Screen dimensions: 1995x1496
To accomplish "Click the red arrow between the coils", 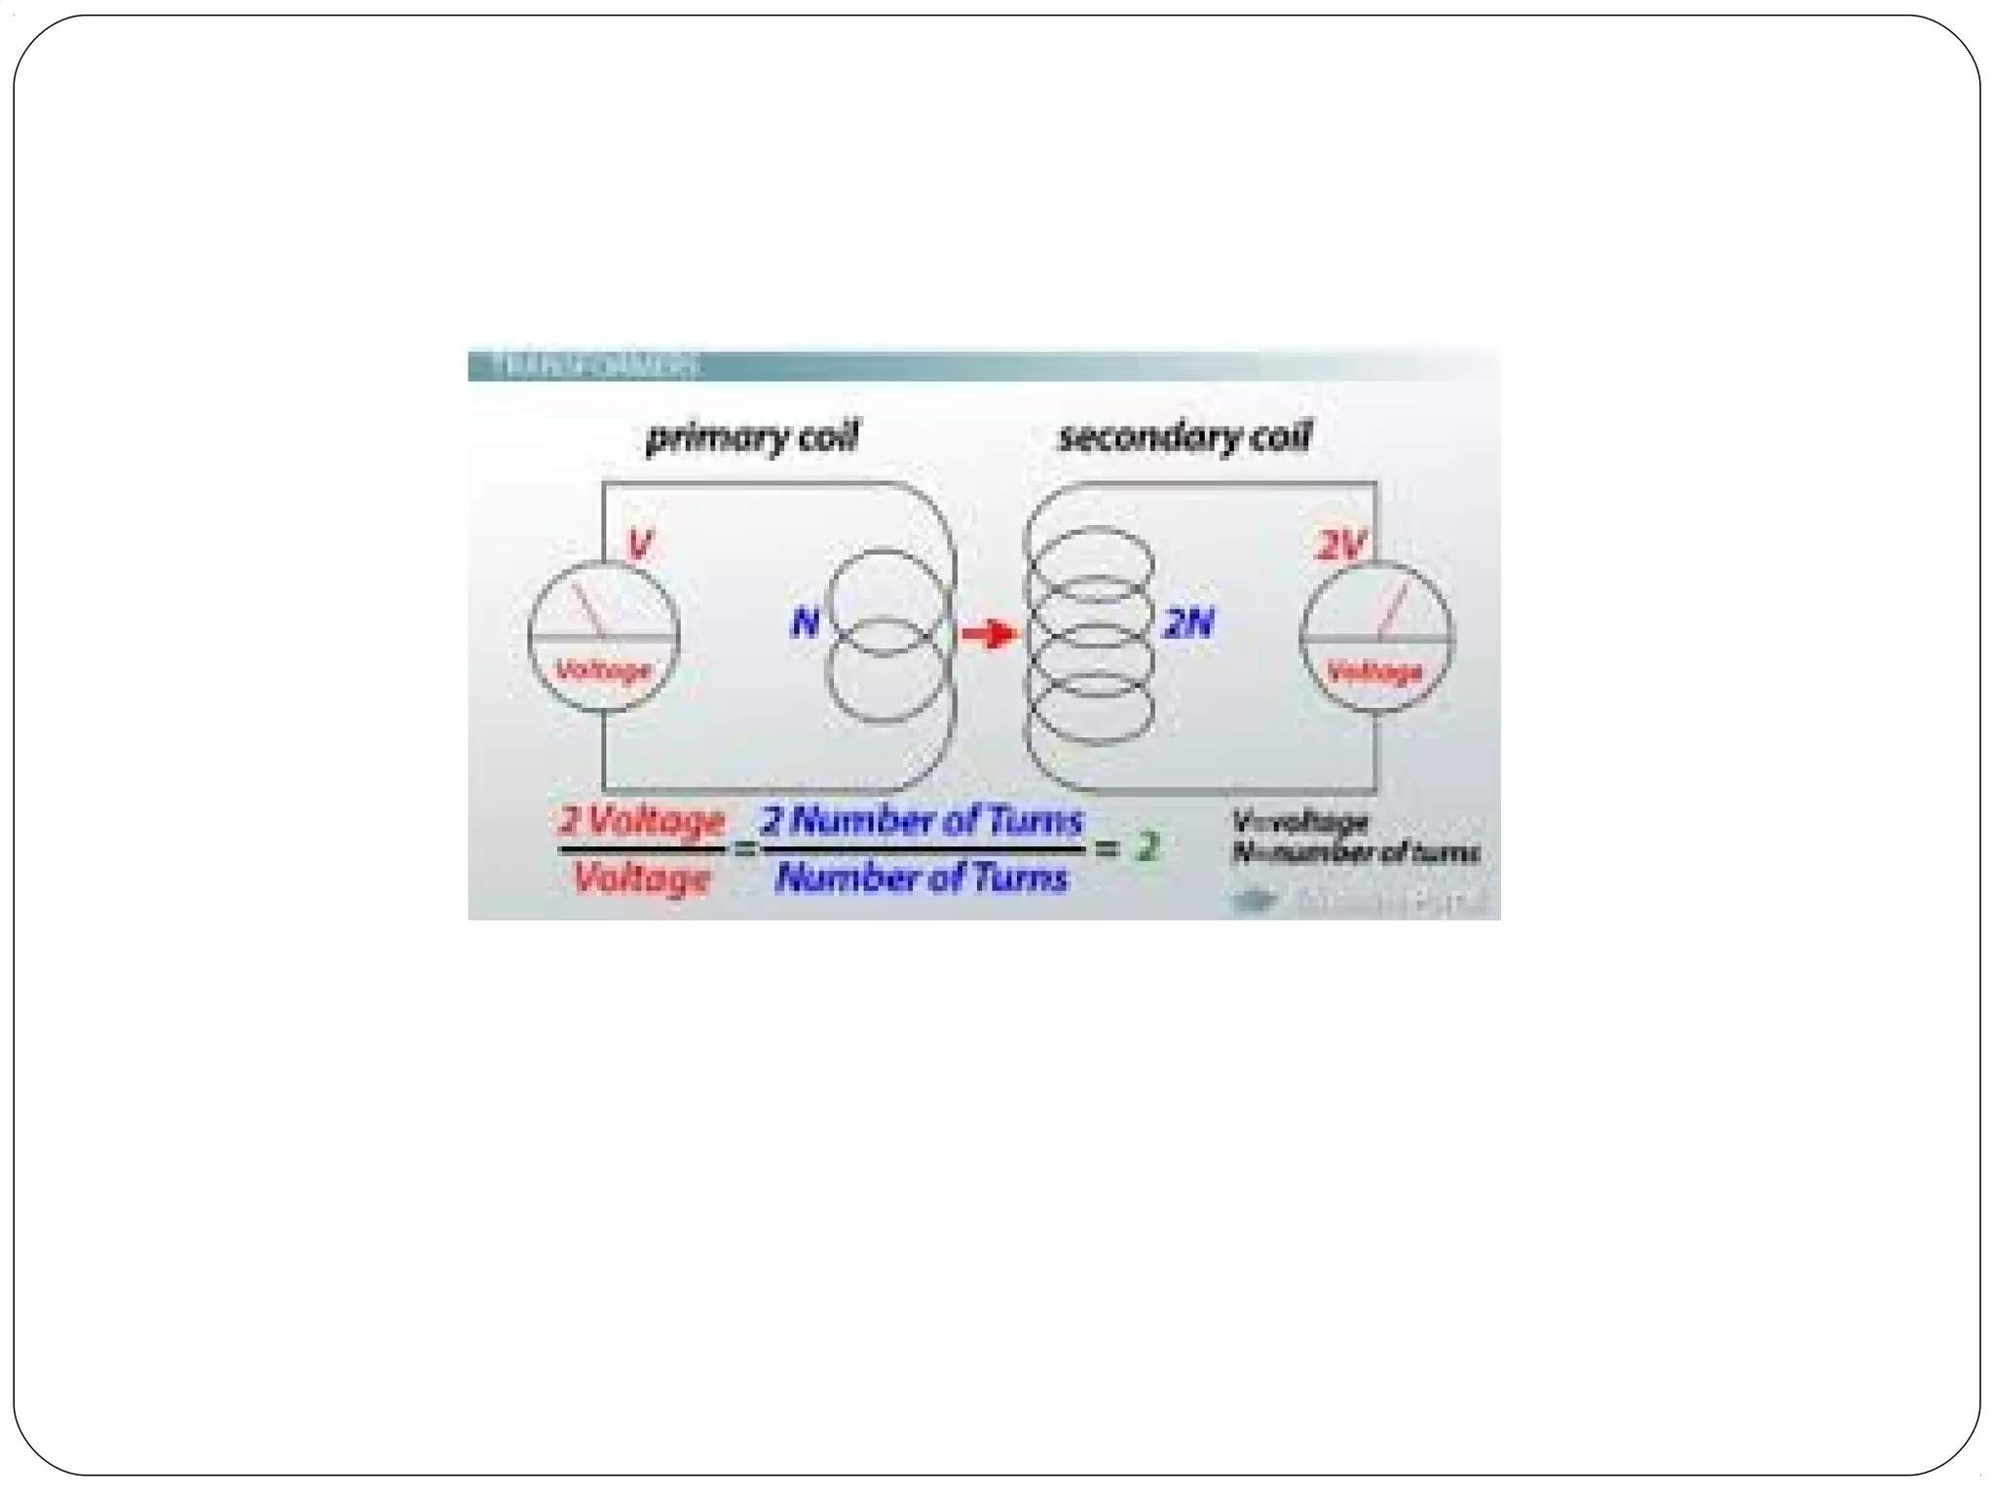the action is click(989, 635).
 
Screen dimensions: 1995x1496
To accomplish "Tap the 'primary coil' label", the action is click(752, 437).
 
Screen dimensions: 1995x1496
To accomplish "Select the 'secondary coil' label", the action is click(1185, 436).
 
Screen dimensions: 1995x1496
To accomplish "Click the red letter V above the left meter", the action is click(639, 543).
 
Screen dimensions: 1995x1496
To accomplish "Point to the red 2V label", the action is click(1341, 545).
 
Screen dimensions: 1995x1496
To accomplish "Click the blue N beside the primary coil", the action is click(805, 622).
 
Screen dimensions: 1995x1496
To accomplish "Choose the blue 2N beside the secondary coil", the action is click(1188, 623).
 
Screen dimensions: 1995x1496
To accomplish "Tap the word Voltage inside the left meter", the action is click(603, 670).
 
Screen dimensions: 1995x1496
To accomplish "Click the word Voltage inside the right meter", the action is click(1374, 671).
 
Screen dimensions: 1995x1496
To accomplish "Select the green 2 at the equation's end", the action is click(1148, 847).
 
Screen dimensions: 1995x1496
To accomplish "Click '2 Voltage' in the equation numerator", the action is click(642, 821).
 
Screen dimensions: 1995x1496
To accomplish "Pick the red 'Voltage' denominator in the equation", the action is click(642, 879).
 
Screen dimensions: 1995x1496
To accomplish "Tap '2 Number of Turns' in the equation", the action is click(922, 820).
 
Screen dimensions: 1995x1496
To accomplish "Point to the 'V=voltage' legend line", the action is click(1299, 821).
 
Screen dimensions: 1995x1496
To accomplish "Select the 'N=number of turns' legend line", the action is click(1355, 853).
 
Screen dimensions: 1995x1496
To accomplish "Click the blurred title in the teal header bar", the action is click(595, 366).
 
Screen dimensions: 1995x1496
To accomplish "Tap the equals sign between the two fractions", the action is click(744, 849).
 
